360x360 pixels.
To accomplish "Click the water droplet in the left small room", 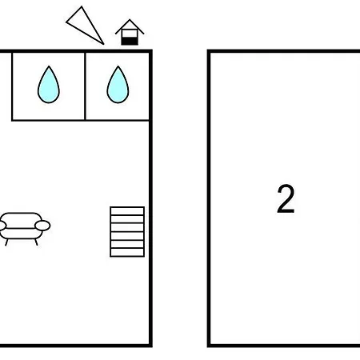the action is [49, 85].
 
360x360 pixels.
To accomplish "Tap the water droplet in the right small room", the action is [118, 85].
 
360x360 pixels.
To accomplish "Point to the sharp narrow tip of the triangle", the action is [103, 44].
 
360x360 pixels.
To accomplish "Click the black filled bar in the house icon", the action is [130, 41].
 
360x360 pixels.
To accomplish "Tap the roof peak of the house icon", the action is [130, 20].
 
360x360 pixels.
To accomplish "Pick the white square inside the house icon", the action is [130, 34].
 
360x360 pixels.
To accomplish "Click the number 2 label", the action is [286, 199].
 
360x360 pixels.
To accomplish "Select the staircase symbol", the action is [127, 232].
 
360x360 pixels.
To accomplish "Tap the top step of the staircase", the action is [127, 210].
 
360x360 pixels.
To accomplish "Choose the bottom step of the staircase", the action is [127, 252].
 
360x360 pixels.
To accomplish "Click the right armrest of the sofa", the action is [42, 226].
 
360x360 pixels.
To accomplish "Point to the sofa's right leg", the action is [36, 242].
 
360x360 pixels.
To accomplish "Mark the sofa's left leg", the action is [6, 242].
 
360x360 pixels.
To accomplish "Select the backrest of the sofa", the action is [22, 220].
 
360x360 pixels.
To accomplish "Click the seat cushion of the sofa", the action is [21, 234].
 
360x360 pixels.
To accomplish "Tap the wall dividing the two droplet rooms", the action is [85, 86].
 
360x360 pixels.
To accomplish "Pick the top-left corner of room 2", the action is [209, 51].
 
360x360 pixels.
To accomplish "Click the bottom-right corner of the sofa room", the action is [150, 346].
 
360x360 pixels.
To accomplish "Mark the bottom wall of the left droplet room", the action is [48, 120].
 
